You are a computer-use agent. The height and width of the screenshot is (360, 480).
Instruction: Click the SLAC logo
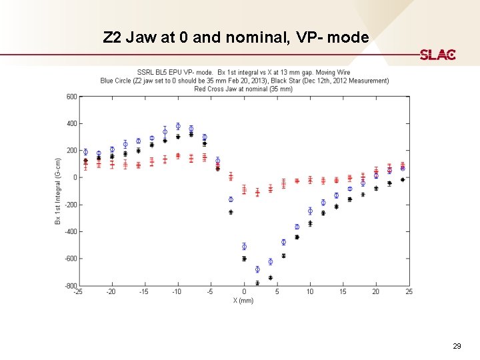437,55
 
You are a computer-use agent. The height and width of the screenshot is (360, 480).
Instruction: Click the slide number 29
457,346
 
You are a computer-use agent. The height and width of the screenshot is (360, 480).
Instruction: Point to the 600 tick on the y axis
71,97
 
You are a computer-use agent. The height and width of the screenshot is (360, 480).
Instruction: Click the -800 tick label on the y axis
69,286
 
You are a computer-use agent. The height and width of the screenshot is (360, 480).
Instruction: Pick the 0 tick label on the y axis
75,177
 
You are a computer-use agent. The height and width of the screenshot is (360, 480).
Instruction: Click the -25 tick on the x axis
79,291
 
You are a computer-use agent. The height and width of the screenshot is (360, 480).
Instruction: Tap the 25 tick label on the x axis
409,291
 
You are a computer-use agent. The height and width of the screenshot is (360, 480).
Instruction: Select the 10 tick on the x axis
310,291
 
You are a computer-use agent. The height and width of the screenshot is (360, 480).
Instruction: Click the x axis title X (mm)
243,301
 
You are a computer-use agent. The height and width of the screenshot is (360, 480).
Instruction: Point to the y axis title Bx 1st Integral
59,190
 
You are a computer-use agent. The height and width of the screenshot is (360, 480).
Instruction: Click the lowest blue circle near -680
257,269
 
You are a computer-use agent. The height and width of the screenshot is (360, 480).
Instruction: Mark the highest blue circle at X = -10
178,126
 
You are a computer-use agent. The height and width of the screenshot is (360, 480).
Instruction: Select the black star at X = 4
270,277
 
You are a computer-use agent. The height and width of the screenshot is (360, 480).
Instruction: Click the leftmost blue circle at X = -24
85,152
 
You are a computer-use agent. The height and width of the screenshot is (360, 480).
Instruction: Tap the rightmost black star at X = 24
402,179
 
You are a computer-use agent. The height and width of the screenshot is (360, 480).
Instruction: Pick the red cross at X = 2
257,193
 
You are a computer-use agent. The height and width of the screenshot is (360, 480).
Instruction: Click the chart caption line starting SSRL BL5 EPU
243,72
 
